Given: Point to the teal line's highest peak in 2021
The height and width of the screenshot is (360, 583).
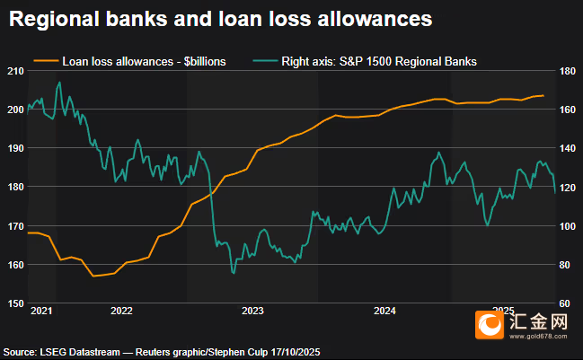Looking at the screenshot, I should pyautogui.click(x=59, y=83).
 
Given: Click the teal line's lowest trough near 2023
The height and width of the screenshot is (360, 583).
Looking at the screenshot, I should pyautogui.click(x=233, y=273).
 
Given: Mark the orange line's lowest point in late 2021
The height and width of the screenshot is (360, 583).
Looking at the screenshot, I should pyautogui.click(x=94, y=276).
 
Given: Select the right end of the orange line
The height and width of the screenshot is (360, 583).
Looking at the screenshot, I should pyautogui.click(x=543, y=95).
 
